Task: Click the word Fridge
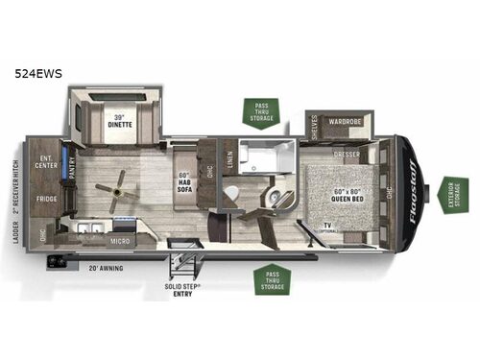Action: click(x=45, y=199)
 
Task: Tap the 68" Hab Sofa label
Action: click(x=185, y=182)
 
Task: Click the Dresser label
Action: click(x=347, y=153)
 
